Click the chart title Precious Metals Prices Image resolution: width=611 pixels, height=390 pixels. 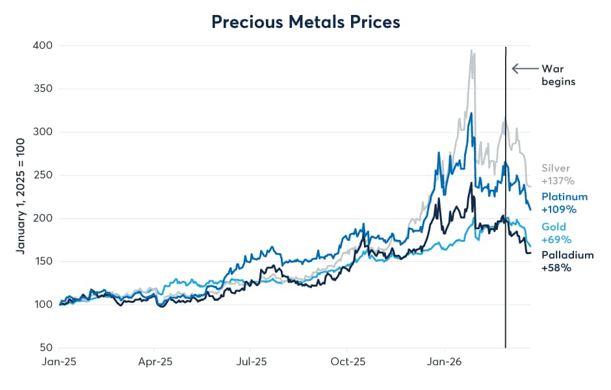[x=305, y=21]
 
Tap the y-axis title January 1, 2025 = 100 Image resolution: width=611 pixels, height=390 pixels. [x=21, y=196]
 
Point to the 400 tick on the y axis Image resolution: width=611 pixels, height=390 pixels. [x=44, y=45]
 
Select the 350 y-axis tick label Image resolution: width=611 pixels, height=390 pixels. [x=44, y=89]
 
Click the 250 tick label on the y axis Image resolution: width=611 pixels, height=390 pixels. [x=44, y=175]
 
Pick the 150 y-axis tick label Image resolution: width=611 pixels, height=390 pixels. [x=44, y=262]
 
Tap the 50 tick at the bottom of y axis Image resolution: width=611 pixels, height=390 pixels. [x=46, y=348]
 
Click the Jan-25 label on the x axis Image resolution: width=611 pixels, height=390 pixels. [x=59, y=362]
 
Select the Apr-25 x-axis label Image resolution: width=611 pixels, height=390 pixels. [x=155, y=362]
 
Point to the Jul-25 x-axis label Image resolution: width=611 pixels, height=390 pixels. [x=251, y=362]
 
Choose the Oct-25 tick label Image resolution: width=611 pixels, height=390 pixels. [x=347, y=362]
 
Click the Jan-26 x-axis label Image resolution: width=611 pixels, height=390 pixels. [x=443, y=362]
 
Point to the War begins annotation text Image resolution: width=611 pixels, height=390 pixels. [x=558, y=75]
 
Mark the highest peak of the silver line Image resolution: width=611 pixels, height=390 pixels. [x=471, y=49]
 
